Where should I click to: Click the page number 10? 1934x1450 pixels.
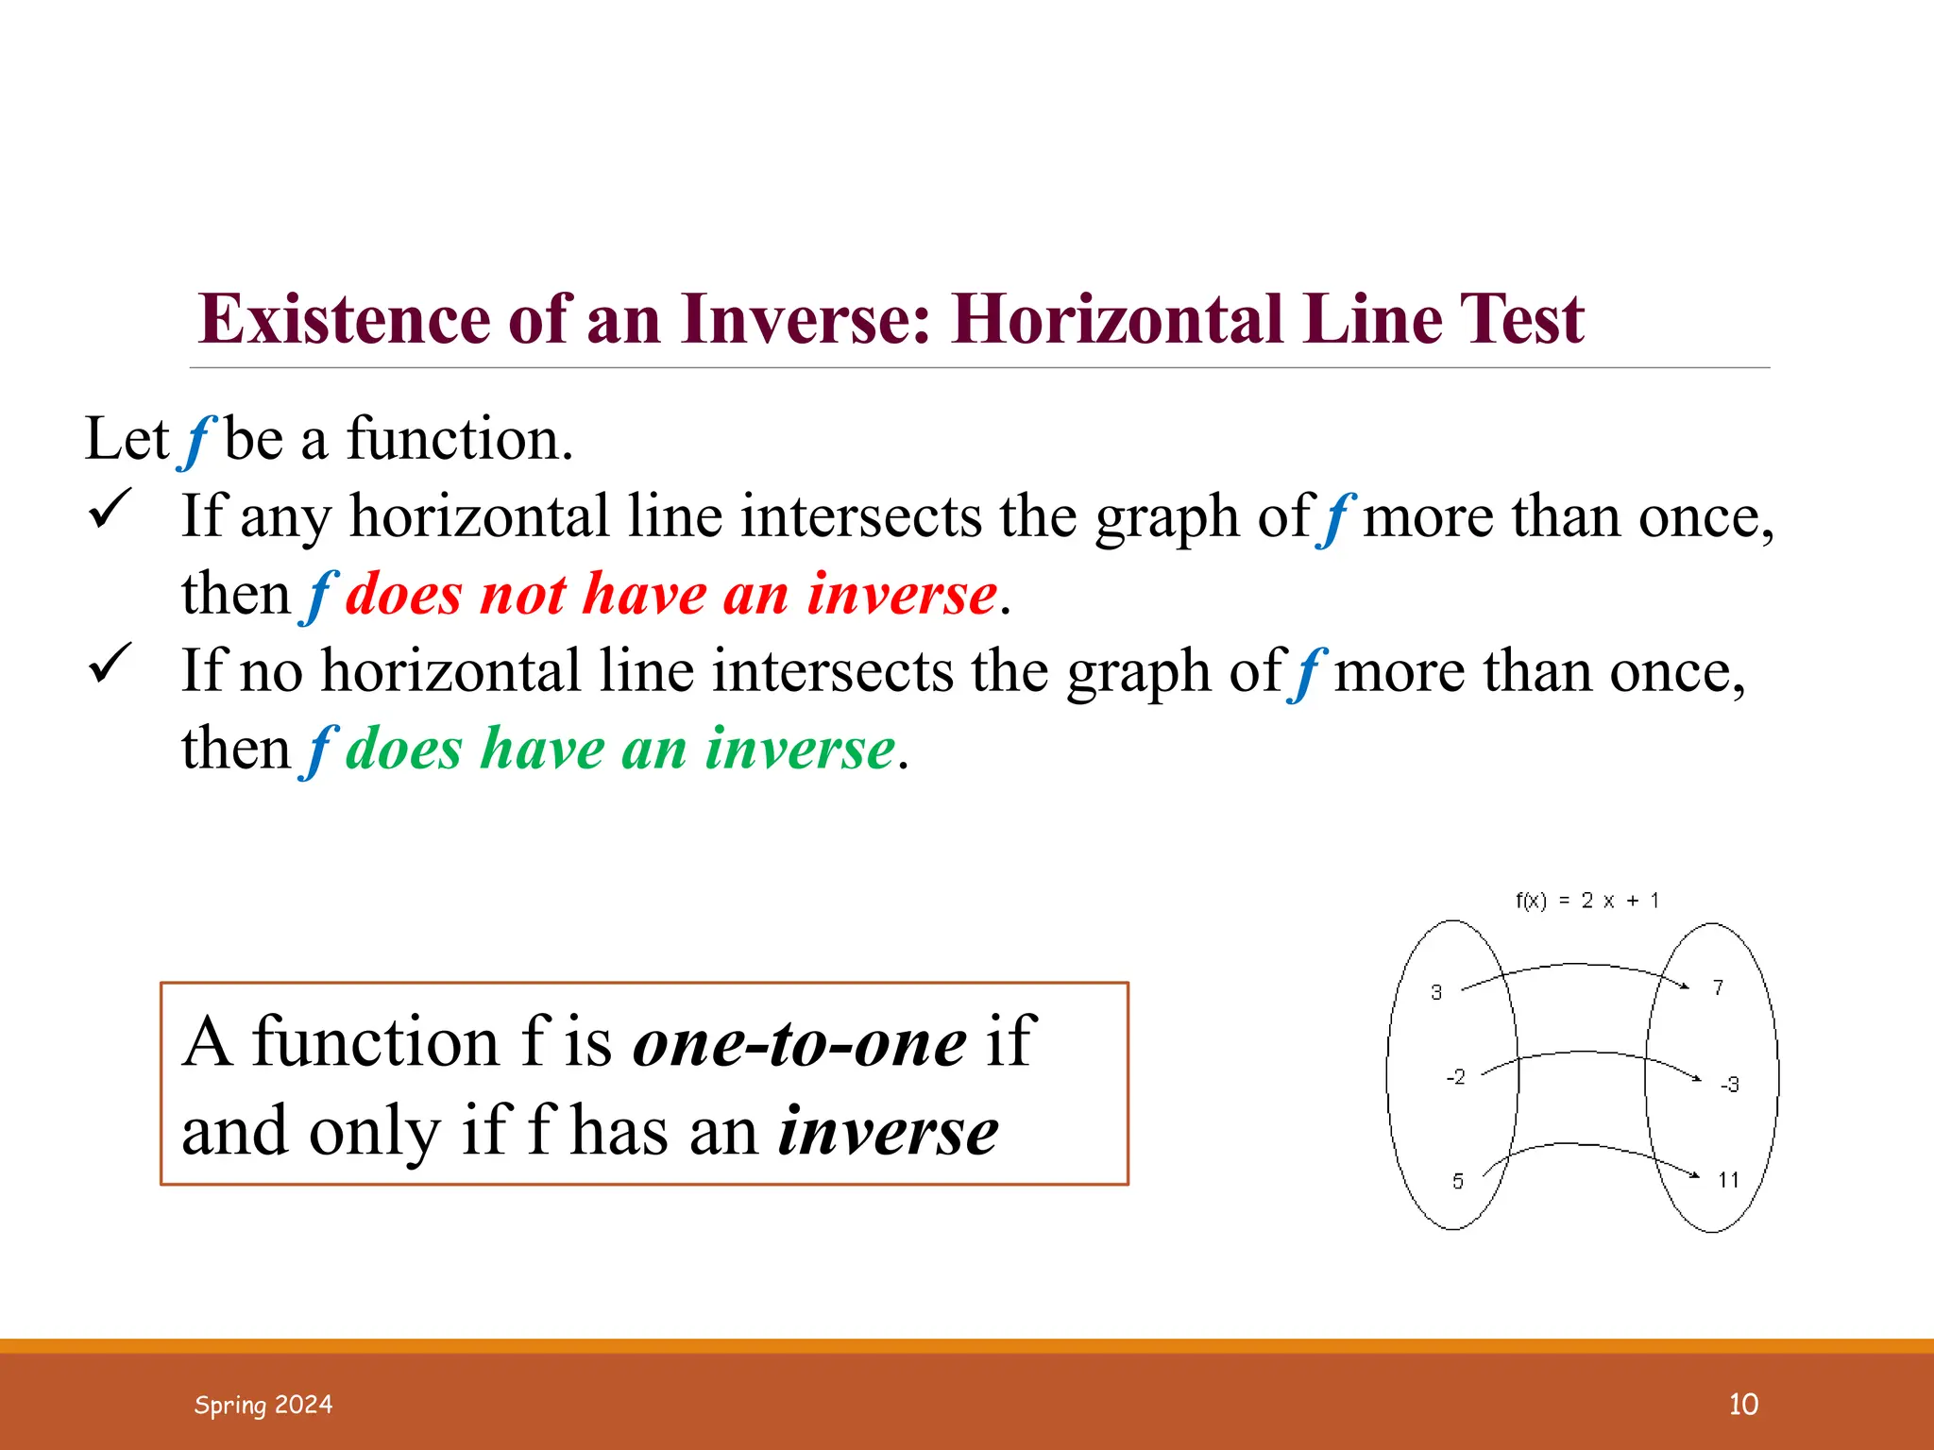[x=1743, y=1404]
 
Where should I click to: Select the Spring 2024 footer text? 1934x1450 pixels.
[x=263, y=1405]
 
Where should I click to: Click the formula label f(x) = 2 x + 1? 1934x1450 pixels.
[x=1586, y=901]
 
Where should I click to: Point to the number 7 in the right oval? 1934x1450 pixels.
[x=1718, y=987]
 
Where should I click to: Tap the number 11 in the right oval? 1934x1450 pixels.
[x=1728, y=1180]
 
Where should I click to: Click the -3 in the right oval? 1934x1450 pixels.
[x=1729, y=1085]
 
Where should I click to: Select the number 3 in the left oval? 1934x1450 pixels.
[x=1436, y=992]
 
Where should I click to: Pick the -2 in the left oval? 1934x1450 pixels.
[x=1456, y=1077]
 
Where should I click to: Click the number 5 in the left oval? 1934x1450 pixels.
[x=1458, y=1181]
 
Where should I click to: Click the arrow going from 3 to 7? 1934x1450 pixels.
[x=1575, y=965]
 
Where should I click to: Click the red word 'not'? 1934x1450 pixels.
[x=522, y=595]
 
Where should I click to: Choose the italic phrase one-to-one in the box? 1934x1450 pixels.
[x=799, y=1043]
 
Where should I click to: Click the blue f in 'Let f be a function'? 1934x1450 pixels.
[x=197, y=440]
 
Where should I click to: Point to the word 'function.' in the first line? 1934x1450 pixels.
[x=460, y=440]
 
